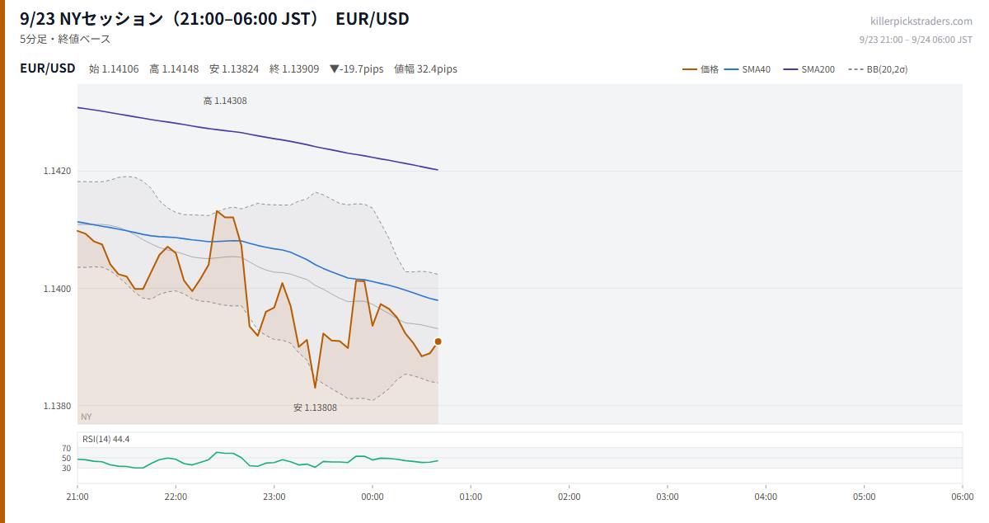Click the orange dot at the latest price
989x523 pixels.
click(x=438, y=342)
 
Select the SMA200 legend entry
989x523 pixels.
click(x=809, y=69)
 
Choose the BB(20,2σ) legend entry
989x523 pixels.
click(x=878, y=69)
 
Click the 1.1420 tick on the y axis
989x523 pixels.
click(x=57, y=171)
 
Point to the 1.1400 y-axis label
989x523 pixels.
click(x=57, y=289)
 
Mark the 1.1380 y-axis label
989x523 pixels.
click(x=57, y=406)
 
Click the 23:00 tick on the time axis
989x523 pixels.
click(x=274, y=497)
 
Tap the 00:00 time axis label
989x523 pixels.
click(x=373, y=497)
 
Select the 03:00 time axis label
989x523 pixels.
click(x=668, y=497)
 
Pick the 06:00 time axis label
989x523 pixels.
click(x=963, y=497)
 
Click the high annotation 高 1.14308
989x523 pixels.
click(x=225, y=101)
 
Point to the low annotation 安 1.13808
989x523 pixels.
click(x=315, y=408)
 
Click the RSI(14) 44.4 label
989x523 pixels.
click(x=106, y=439)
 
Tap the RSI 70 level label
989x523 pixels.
click(x=66, y=448)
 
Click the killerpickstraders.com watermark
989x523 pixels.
click(x=921, y=21)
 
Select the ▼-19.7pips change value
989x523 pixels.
click(x=357, y=69)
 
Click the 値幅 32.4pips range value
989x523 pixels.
click(x=425, y=69)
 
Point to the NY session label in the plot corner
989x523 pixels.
click(x=87, y=417)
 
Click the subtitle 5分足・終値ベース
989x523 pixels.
click(x=65, y=39)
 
